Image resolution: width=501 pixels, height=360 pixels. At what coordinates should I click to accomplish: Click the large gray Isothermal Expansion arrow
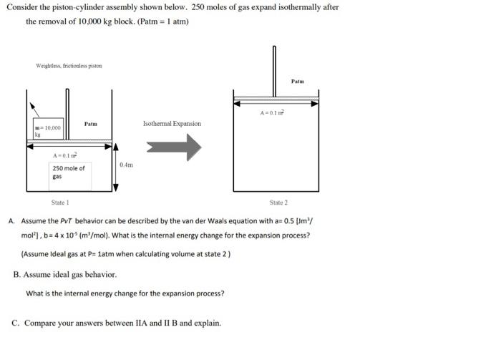point(173,147)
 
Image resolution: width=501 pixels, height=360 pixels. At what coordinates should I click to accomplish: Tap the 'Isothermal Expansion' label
point(172,124)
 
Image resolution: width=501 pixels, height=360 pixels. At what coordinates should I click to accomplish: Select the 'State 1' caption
point(60,203)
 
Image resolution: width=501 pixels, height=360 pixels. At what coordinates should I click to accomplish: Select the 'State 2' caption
point(278,203)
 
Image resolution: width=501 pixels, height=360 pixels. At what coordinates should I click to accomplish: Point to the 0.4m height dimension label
point(126,165)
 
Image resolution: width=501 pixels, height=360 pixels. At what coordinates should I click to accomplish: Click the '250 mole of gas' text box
point(69,172)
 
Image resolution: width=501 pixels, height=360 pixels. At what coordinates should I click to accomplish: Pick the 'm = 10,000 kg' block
point(47,130)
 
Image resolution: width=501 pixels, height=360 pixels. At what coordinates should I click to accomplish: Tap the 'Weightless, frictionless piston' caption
point(69,66)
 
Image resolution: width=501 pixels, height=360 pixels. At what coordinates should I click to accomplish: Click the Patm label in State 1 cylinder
point(90,124)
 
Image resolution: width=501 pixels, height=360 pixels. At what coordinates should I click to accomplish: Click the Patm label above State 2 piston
point(298,81)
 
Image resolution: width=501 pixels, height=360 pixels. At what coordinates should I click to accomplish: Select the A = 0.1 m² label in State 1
point(65,155)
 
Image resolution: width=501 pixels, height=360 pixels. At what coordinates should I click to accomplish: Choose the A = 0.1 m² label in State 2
point(272,112)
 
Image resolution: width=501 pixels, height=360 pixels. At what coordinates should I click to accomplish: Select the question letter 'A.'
point(12,221)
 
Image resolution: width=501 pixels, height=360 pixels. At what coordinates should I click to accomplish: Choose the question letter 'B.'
point(16,274)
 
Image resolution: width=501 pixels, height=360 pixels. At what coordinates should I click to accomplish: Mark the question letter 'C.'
point(16,323)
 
